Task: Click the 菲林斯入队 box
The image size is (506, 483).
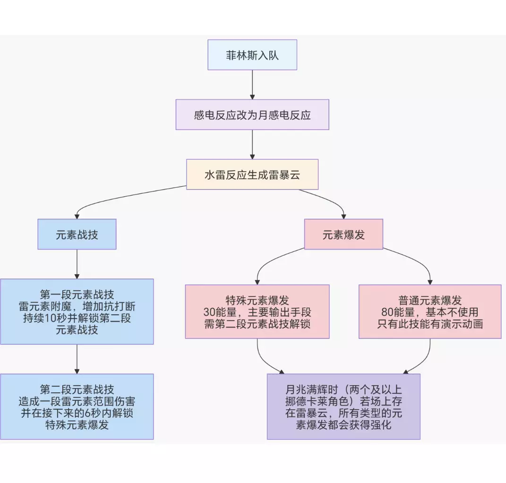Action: click(252, 55)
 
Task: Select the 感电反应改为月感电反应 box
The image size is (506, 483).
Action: click(252, 115)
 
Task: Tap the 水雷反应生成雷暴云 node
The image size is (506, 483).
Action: click(252, 174)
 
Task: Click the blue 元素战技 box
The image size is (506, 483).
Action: click(77, 234)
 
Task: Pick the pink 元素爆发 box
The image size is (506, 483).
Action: click(343, 234)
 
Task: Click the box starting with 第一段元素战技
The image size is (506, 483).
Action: click(77, 311)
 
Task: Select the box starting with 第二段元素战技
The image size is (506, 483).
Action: click(77, 406)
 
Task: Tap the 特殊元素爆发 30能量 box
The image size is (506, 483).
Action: click(257, 311)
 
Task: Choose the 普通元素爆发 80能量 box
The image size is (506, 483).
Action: click(430, 311)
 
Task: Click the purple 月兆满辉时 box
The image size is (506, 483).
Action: click(343, 406)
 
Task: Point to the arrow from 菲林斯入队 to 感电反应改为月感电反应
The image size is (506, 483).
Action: click(252, 85)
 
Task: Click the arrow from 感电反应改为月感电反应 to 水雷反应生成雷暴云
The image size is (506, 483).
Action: click(252, 144)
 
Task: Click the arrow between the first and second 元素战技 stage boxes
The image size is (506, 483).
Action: click(77, 359)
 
